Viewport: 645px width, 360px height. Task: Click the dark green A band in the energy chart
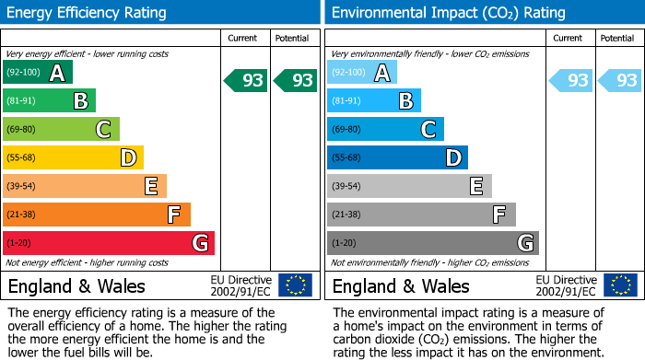37,73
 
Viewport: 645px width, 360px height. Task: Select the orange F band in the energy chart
97,215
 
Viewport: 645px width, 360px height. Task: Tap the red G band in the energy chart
109,243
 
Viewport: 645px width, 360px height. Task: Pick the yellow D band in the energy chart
73,157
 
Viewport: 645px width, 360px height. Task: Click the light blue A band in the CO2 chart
361,73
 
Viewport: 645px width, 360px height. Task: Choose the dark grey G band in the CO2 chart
432,243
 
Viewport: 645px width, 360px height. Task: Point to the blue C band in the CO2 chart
385,129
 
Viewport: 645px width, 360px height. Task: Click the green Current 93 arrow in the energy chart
247,80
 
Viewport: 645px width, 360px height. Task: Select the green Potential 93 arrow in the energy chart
297,80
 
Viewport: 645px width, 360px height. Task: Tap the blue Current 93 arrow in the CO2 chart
571,80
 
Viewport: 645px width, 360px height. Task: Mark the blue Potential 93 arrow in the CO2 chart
621,80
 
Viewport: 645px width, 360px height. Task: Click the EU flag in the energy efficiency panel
296,285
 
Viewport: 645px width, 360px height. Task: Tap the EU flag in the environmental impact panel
620,285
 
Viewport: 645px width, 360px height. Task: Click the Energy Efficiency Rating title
88,13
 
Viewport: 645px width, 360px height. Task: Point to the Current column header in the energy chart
244,38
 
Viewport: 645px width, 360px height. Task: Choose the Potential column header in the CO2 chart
616,38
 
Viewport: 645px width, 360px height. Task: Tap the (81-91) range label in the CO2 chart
347,100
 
